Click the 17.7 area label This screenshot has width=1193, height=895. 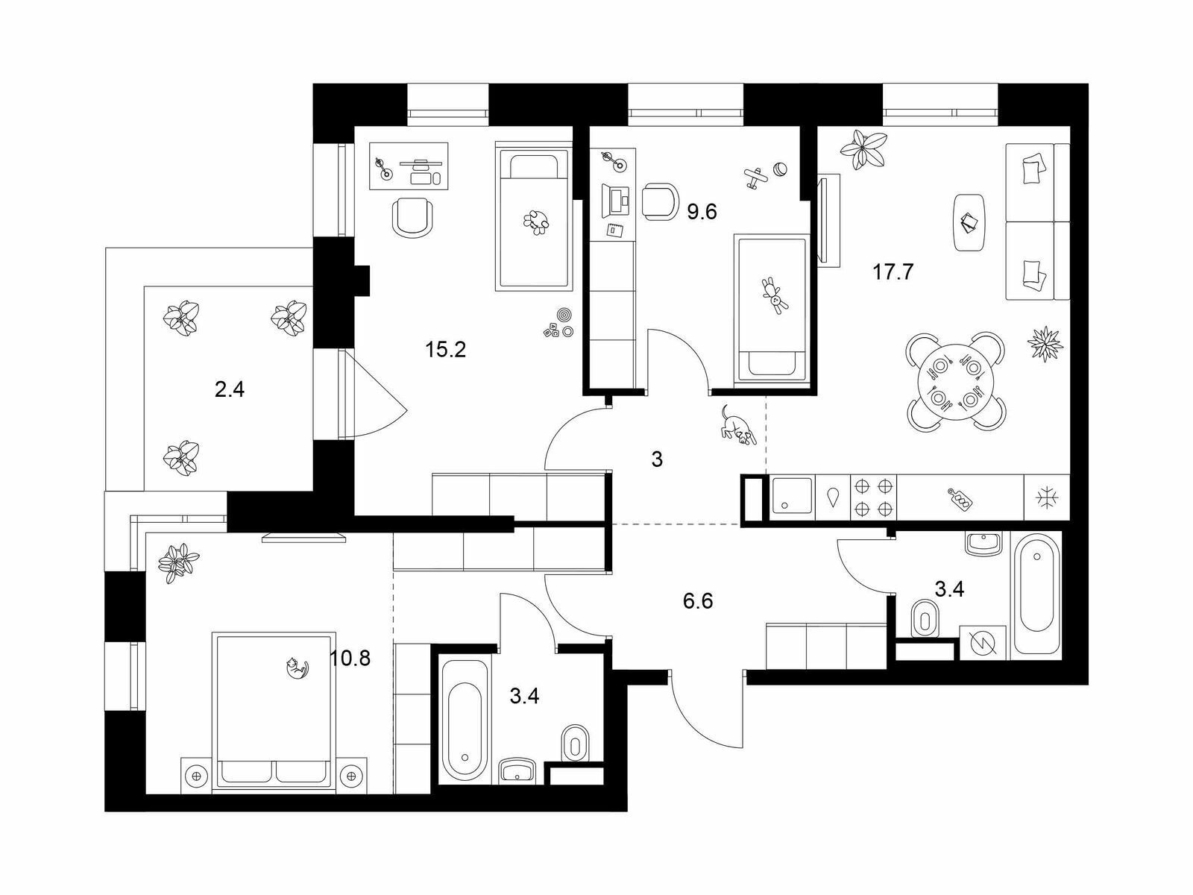pos(893,271)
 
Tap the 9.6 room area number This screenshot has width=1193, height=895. pos(702,211)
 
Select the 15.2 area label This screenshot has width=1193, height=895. pos(446,350)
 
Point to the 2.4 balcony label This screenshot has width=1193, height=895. pos(230,389)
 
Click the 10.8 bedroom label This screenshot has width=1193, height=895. pos(350,659)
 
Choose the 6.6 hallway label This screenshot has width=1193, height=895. pos(698,602)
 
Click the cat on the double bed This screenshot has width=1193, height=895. pos(298,668)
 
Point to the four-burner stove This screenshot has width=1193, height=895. pos(873,497)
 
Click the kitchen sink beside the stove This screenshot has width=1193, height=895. pos(792,495)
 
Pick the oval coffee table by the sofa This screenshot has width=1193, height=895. pos(969,222)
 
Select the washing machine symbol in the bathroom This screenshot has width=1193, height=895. pos(983,644)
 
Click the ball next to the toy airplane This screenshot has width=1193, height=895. pos(781,169)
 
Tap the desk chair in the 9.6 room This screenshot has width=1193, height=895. pos(661,201)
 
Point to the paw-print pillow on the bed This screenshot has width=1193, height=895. pos(536,222)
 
